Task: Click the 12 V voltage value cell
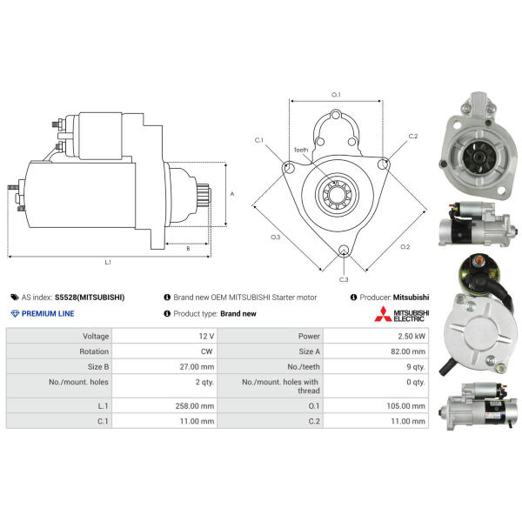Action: click(206, 336)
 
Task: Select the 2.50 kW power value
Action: click(412, 336)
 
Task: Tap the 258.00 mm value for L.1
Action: click(195, 406)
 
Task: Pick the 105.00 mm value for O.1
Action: click(405, 406)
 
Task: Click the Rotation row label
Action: click(94, 351)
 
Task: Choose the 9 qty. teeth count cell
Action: click(416, 367)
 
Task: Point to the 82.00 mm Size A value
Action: click(408, 351)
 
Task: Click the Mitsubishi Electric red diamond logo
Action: click(383, 314)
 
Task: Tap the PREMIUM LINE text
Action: click(48, 313)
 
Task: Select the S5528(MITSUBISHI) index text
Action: click(90, 298)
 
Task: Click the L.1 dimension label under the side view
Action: click(108, 263)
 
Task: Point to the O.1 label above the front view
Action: click(336, 95)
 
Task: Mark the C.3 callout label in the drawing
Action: click(344, 279)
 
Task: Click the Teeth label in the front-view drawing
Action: click(301, 151)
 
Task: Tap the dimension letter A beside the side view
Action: click(232, 194)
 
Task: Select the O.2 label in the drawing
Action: click(405, 247)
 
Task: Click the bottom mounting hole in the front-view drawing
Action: click(344, 250)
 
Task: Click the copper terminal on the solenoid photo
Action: click(478, 259)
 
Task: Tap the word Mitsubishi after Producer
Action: click(411, 298)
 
